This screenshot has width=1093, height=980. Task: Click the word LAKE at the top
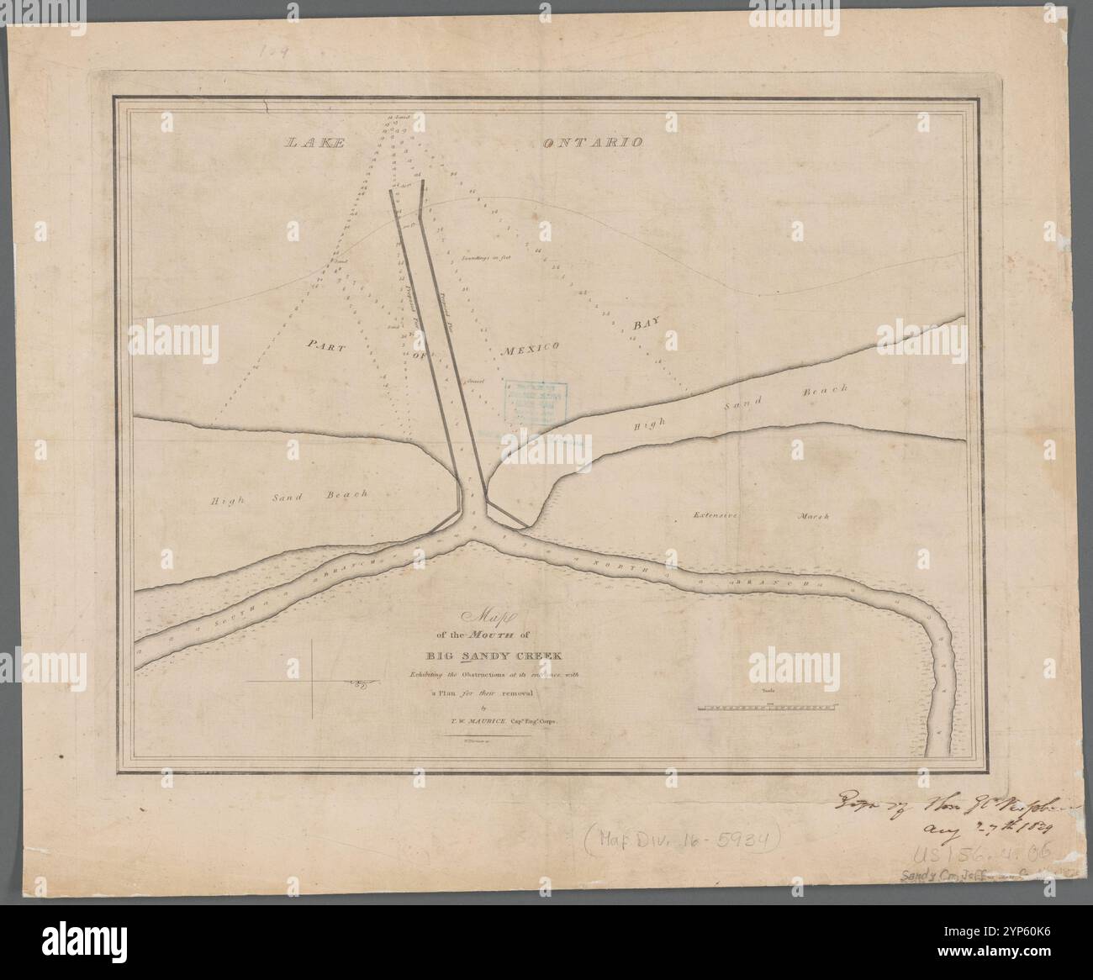[314, 143]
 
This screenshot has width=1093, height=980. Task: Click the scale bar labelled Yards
[765, 709]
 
